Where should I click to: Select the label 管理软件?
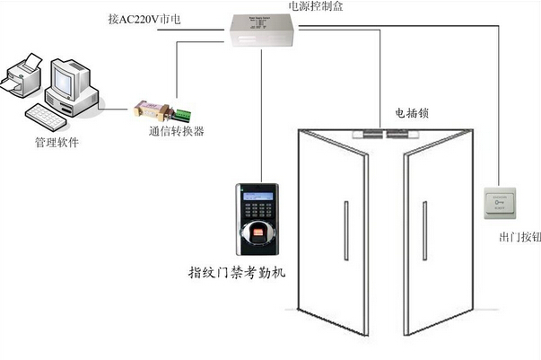(56, 142)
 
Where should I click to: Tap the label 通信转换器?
(176, 131)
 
